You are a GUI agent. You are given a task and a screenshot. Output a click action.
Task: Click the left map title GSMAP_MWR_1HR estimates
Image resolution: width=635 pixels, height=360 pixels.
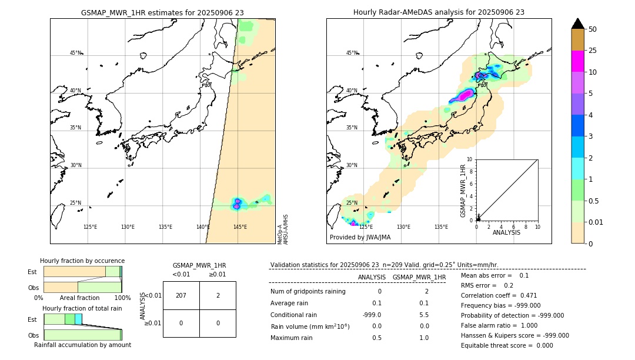(162, 12)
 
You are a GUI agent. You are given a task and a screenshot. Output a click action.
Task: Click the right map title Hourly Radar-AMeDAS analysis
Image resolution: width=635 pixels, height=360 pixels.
(439, 12)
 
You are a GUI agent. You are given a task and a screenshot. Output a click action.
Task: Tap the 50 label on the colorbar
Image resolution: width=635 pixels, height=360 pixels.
(593, 29)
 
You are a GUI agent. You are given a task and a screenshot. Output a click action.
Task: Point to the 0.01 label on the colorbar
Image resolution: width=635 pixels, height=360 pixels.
(595, 222)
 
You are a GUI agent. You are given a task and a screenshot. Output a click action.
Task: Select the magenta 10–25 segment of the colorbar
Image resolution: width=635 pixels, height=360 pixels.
(577, 61)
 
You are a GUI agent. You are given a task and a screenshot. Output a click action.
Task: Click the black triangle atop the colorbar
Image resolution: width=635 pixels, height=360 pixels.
(577, 24)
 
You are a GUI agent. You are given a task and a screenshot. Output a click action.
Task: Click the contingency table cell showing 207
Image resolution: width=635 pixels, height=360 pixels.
(181, 295)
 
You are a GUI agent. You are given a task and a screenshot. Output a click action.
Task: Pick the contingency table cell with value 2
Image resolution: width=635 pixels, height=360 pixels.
(218, 295)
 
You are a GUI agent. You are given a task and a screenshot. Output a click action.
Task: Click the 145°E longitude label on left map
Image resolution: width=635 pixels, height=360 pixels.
(240, 227)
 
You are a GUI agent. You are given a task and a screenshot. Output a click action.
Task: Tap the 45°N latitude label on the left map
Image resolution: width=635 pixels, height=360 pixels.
(76, 53)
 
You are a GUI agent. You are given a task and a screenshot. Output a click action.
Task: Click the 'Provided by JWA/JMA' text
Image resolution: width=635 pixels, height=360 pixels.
(360, 238)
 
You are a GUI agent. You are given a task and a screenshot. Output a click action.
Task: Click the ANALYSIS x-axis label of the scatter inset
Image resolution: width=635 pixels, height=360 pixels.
(507, 232)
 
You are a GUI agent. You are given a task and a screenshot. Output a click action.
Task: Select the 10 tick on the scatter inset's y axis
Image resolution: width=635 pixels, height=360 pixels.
(470, 159)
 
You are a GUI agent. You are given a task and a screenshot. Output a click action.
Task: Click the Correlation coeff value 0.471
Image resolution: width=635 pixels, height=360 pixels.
(529, 296)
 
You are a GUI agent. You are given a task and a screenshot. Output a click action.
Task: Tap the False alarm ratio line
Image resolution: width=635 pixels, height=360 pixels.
(499, 325)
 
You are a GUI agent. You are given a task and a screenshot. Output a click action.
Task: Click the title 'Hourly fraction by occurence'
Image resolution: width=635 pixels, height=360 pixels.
(82, 261)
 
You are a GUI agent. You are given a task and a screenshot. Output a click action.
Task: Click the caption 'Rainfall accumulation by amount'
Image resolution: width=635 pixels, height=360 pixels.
(82, 345)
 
